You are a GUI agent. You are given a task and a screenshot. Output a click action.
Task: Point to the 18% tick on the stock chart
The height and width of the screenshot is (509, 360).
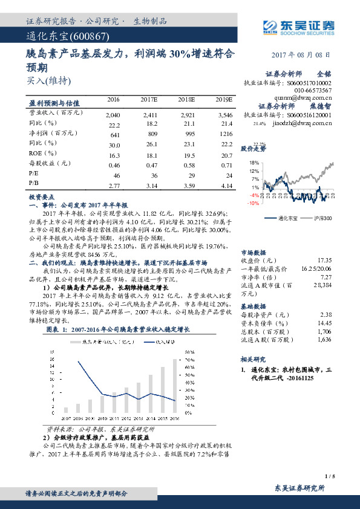[254, 163]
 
